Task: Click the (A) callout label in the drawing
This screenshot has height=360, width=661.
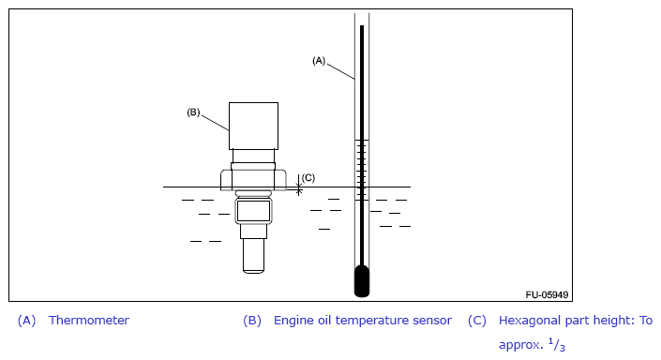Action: [x=319, y=61]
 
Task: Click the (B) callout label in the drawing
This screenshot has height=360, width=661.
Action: [x=193, y=112]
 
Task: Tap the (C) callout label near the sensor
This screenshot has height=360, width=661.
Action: [x=308, y=178]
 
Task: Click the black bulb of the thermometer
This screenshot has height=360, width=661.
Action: [x=362, y=280]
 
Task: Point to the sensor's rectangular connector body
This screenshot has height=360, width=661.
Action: [x=253, y=126]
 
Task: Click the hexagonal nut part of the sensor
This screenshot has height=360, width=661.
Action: [x=253, y=180]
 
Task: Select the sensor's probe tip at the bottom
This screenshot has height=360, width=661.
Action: [x=254, y=256]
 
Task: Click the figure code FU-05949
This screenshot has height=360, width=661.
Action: [x=547, y=294]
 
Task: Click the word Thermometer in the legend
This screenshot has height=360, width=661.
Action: [x=89, y=321]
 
